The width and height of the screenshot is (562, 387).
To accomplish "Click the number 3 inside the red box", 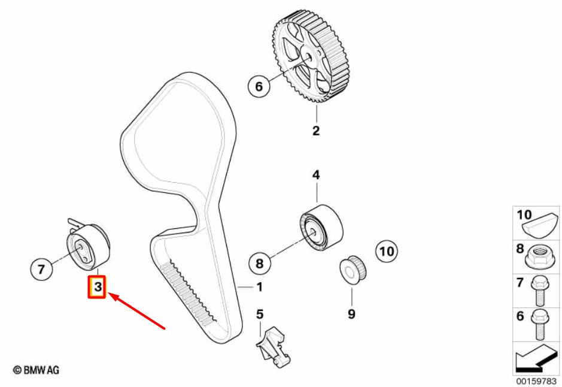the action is (x=98, y=287).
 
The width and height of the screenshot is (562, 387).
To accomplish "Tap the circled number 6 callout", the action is (x=259, y=86).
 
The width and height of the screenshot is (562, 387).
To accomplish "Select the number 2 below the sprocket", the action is (x=316, y=131).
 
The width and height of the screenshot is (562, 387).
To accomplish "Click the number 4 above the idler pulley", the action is (x=316, y=175).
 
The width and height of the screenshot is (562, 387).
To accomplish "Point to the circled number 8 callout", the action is (x=260, y=263).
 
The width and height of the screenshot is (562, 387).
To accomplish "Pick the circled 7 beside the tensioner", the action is (x=41, y=268).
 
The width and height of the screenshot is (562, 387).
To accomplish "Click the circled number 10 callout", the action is (x=387, y=251).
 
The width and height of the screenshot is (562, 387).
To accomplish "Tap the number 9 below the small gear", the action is (x=351, y=314).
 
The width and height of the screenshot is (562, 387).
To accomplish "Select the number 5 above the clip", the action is (x=260, y=314).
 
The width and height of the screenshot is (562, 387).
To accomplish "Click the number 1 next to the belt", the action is (x=260, y=287).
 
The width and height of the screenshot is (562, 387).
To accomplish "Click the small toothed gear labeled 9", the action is (x=353, y=270).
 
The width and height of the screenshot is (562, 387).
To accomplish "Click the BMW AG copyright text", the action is (x=36, y=370).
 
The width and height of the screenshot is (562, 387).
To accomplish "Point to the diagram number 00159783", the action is (x=536, y=380).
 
